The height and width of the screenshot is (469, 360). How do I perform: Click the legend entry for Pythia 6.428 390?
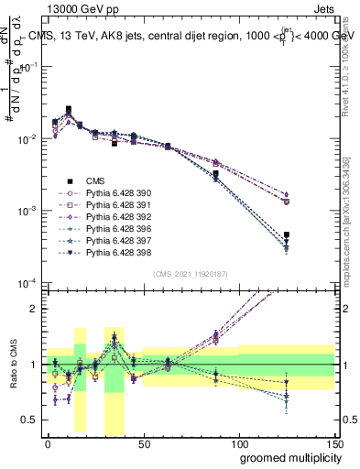pyautogui.click(x=109, y=193)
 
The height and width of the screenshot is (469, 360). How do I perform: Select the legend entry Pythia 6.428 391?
pyautogui.click(x=109, y=205)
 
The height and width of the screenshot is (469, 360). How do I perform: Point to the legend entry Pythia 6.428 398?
pyautogui.click(x=109, y=252)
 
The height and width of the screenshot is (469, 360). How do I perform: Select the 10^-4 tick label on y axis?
pyautogui.click(x=26, y=283)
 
